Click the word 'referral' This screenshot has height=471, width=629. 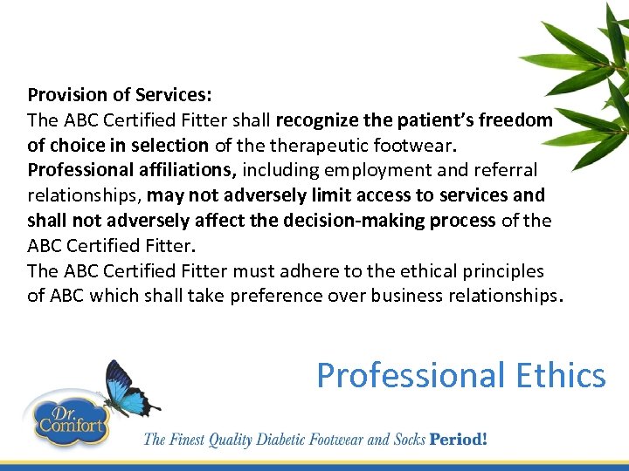(x=508, y=170)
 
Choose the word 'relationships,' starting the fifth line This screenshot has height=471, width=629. (x=84, y=195)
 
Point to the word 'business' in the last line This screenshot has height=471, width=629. (x=405, y=297)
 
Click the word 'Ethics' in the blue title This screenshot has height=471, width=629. (x=560, y=376)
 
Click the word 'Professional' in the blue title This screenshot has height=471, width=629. (x=409, y=376)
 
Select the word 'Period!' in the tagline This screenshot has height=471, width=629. (x=457, y=439)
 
